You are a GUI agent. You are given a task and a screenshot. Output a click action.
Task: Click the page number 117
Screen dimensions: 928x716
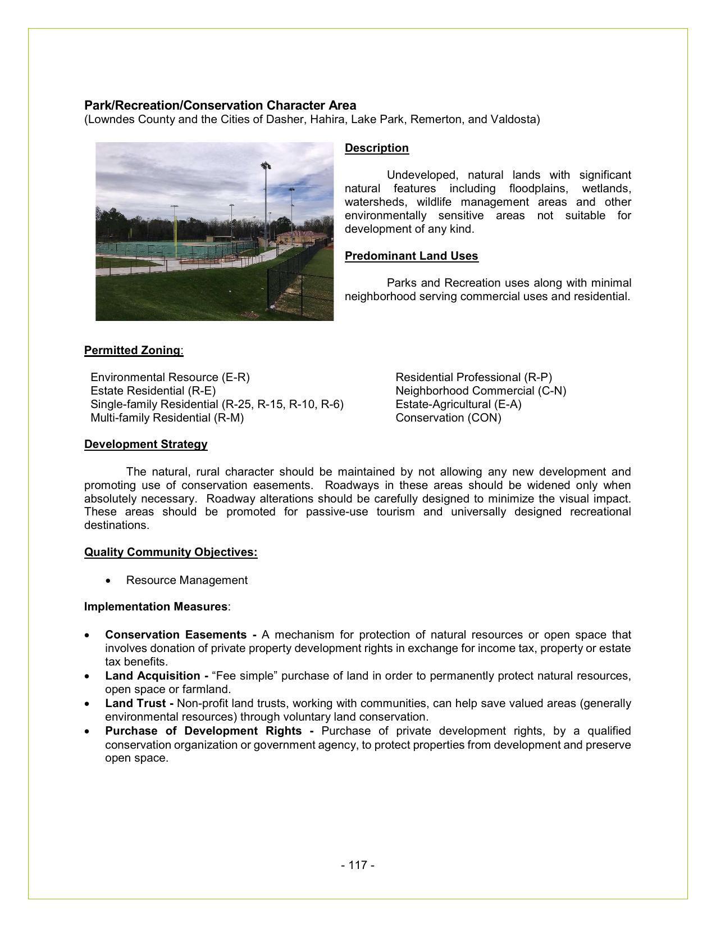coord(357,865)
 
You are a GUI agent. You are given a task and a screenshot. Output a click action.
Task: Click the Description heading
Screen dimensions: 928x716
coord(376,148)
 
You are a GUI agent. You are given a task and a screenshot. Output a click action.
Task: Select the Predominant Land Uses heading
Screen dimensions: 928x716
coord(411,256)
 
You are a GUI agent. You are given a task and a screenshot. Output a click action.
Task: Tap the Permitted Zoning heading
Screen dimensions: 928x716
coord(133,350)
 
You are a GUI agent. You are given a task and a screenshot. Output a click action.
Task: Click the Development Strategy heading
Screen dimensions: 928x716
coord(145,444)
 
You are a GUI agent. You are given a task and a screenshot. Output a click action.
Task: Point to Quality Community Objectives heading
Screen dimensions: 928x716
coord(170,552)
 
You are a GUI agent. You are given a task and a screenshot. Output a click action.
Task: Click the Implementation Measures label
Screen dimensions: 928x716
coord(156,606)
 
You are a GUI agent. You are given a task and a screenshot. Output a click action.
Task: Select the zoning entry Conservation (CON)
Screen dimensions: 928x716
coord(448,418)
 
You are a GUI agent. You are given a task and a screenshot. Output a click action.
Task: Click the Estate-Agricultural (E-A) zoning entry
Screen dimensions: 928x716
coord(458,404)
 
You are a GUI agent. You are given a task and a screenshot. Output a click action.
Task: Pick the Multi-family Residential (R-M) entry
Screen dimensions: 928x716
coord(167,418)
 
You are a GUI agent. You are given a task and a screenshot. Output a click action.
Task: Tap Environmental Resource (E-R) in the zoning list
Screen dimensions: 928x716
coord(170,377)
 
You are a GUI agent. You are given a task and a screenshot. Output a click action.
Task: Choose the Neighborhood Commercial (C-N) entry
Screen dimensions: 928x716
coord(481,391)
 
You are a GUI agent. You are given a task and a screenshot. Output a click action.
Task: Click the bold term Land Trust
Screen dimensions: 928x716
coord(135,703)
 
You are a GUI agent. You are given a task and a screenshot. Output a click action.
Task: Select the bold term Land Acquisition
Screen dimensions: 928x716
coord(153,676)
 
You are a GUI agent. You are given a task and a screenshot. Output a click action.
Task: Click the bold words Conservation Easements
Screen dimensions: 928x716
coord(176,635)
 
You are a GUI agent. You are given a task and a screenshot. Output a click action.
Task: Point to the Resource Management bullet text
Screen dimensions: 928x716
coord(186,580)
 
